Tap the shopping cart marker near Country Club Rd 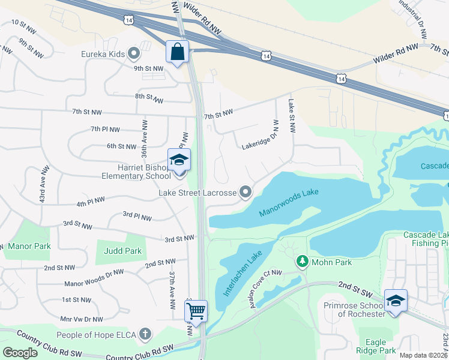(x=196, y=311)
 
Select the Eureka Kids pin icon (x=134, y=55)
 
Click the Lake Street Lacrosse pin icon (x=246, y=192)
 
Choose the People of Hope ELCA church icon (x=145, y=334)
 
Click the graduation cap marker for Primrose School (x=396, y=300)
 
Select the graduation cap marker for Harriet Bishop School (x=179, y=160)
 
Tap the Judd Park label (x=123, y=251)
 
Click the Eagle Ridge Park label (x=376, y=346)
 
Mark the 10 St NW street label (x=24, y=25)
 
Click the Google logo (x=20, y=352)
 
